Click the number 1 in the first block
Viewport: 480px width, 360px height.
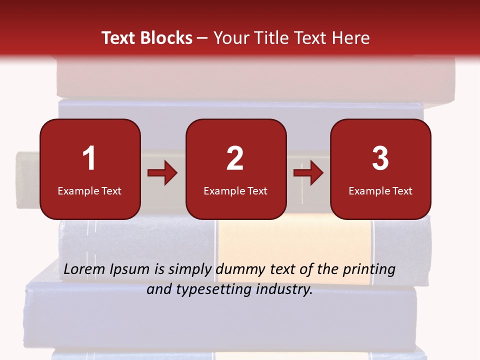pos(89,158)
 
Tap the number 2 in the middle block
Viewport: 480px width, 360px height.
pos(235,158)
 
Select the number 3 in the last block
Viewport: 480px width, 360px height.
pos(380,158)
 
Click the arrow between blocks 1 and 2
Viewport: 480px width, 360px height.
pos(162,173)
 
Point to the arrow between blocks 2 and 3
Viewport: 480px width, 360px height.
pos(308,173)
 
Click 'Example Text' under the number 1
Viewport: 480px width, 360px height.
pos(89,191)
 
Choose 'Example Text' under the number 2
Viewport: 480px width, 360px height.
pos(235,191)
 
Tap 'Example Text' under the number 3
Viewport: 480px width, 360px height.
pos(380,191)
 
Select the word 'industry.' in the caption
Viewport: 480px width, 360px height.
pos(284,289)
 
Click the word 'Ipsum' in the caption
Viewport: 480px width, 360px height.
pos(130,270)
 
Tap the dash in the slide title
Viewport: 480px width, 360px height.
pos(203,38)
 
